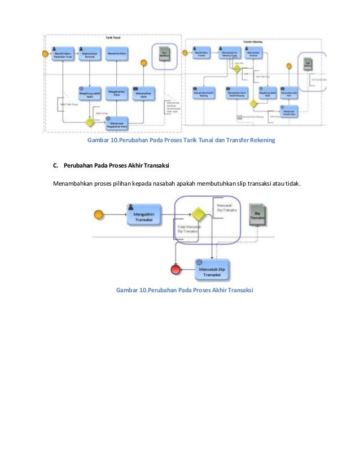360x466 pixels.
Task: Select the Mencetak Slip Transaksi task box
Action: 214,269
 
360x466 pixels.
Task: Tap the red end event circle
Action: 175,269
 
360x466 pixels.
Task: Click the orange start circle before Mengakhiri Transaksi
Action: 99,214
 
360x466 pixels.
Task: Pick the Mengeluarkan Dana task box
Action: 117,94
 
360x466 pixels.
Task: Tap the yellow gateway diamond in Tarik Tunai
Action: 88,121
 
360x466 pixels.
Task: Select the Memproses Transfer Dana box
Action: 289,113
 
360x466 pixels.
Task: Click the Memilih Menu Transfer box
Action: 201,55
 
